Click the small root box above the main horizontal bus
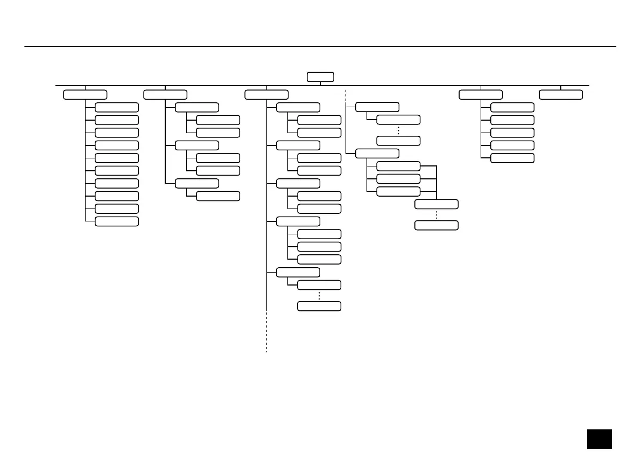coord(320,77)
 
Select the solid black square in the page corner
coord(600,438)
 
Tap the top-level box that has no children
coord(561,95)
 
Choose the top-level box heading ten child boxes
coord(85,95)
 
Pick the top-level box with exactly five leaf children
coord(481,95)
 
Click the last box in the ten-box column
coord(116,221)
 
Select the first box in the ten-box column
coord(116,107)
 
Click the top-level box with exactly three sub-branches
coord(165,95)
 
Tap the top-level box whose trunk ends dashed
coord(266,95)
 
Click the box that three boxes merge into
coord(436,204)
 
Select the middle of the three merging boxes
coord(398,178)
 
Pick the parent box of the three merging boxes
coord(377,153)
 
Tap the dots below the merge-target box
coord(436,214)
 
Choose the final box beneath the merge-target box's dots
coord(436,225)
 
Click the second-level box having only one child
coord(197,183)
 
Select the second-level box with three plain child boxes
coord(298,221)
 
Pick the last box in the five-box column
coord(512,158)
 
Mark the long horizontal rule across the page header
coord(320,46)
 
